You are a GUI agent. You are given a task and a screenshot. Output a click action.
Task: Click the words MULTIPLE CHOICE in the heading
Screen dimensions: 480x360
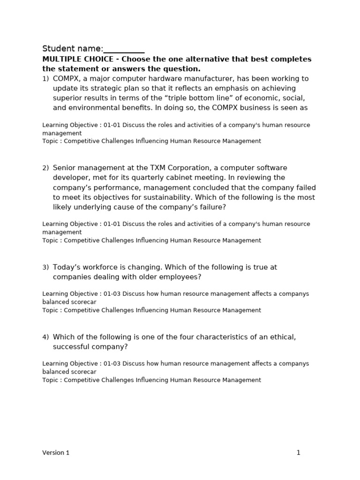coord(77,60)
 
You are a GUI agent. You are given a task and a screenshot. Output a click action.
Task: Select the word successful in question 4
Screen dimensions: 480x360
coord(71,347)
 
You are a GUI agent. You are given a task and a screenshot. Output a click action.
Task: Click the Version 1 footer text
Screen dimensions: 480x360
coord(56,453)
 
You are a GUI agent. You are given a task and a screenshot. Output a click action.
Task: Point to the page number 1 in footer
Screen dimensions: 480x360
coord(298,453)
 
